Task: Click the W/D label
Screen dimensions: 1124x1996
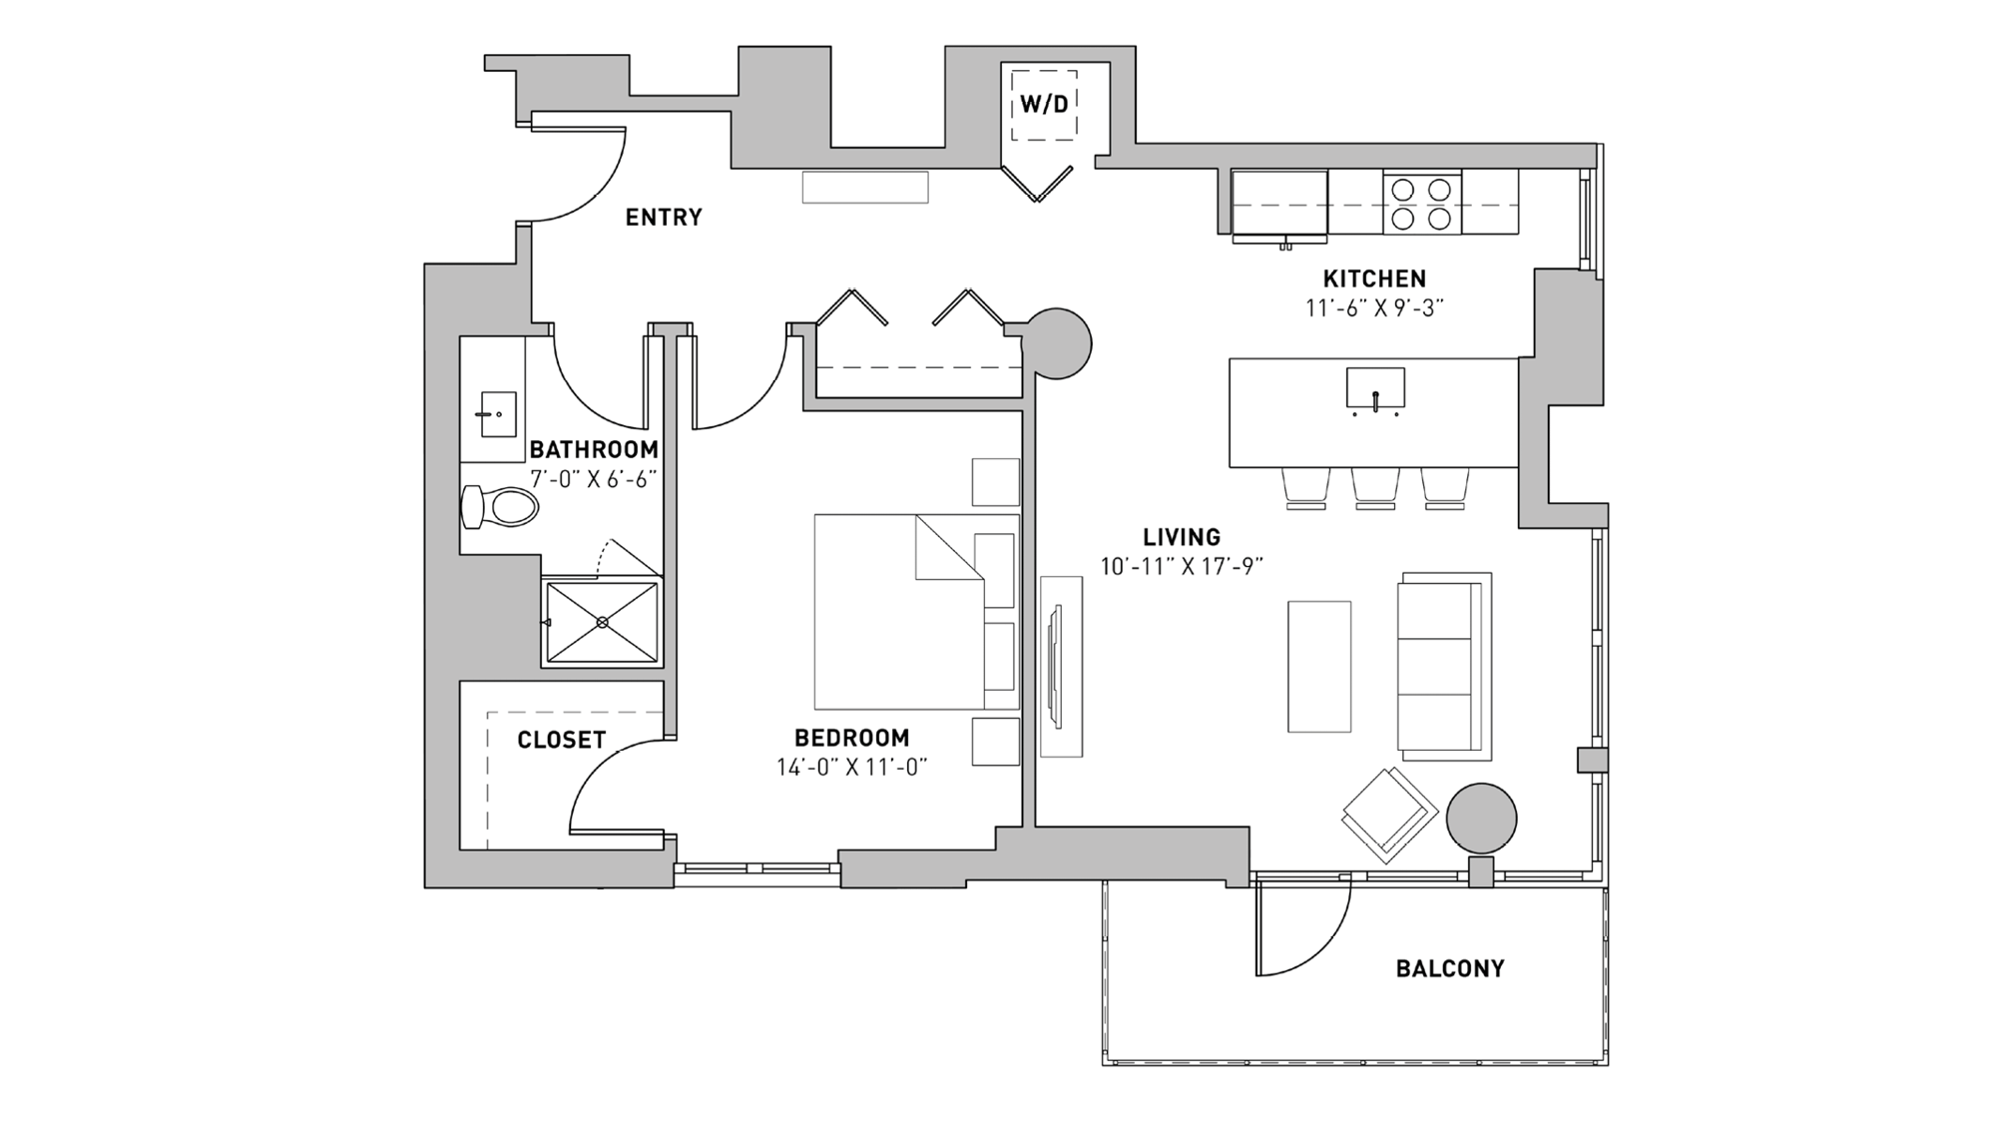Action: pyautogui.click(x=1044, y=104)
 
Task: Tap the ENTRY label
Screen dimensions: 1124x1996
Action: pyautogui.click(x=664, y=218)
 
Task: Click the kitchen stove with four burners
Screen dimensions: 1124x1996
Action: pyautogui.click(x=1421, y=203)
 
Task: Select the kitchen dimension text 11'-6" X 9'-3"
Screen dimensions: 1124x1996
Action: pyautogui.click(x=1374, y=308)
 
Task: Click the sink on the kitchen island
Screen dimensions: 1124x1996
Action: pyautogui.click(x=1375, y=389)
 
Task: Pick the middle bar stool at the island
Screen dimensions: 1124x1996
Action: pyautogui.click(x=1375, y=488)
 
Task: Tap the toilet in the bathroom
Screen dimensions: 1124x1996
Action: pyautogui.click(x=501, y=507)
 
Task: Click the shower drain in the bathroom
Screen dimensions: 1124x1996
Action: pyautogui.click(x=602, y=622)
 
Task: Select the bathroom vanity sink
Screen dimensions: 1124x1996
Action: pyautogui.click(x=498, y=414)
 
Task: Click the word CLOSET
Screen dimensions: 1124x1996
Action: pyautogui.click(x=561, y=741)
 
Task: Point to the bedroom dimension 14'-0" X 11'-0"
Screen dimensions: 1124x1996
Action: pyautogui.click(x=851, y=768)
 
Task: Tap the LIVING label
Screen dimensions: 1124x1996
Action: pyautogui.click(x=1182, y=538)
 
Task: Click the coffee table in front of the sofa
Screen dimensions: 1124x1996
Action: pyautogui.click(x=1318, y=666)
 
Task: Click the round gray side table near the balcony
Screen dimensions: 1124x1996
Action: pyautogui.click(x=1482, y=819)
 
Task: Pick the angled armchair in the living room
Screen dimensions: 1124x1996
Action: pyautogui.click(x=1388, y=816)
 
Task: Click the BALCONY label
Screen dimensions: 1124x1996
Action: pyautogui.click(x=1449, y=968)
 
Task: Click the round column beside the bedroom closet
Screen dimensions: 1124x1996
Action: pyautogui.click(x=1058, y=343)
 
